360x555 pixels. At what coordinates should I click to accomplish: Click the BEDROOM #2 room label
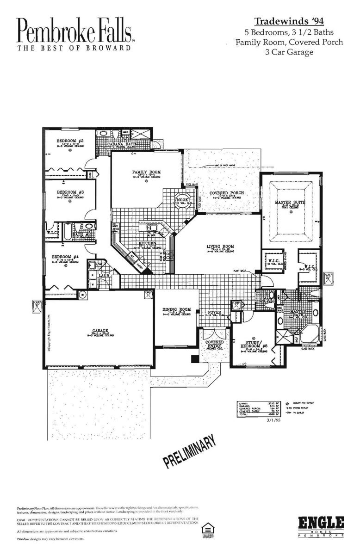pyautogui.click(x=69, y=141)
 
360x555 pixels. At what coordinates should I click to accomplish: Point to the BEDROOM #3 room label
pyautogui.click(x=70, y=192)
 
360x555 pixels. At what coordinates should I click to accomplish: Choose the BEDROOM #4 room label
pyautogui.click(x=64, y=256)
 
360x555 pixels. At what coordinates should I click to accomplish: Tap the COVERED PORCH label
pyautogui.click(x=227, y=193)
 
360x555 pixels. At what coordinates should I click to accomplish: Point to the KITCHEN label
pyautogui.click(x=145, y=243)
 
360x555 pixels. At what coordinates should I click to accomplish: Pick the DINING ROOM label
pyautogui.click(x=176, y=309)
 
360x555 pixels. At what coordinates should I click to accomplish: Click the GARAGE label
pyautogui.click(x=99, y=331)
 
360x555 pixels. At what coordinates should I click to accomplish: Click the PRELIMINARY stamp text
pyautogui.click(x=189, y=450)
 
